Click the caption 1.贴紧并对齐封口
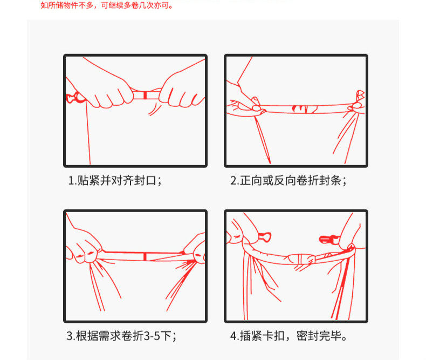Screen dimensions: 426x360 [115, 180]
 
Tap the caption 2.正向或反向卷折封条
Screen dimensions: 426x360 [288, 180]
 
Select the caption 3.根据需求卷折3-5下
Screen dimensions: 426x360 [121, 336]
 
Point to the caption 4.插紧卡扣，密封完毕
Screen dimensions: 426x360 [288, 336]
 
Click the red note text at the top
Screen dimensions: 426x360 [107, 5]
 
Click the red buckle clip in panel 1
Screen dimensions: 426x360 [74, 97]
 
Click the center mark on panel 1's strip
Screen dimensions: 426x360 [145, 95]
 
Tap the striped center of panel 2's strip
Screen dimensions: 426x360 [305, 109]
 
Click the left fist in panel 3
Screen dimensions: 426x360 [83, 247]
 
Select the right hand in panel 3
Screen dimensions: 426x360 [195, 249]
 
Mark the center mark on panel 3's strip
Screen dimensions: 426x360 [145, 256]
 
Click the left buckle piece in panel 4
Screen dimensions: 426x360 [264, 236]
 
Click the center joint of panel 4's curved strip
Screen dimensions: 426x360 [300, 259]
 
